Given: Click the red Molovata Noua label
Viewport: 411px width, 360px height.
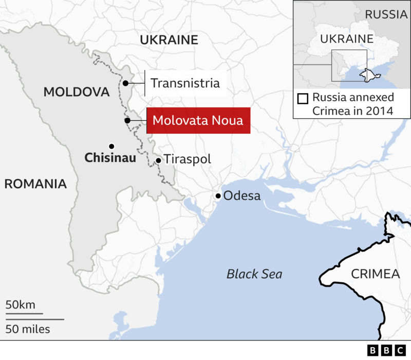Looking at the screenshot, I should [x=198, y=121].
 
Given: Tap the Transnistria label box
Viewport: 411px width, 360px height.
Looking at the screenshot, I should [x=185, y=83].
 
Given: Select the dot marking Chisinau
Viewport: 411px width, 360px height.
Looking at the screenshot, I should [x=111, y=146].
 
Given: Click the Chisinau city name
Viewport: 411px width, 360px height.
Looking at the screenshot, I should [x=110, y=158].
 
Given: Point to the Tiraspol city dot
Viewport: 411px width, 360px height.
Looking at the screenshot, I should [x=158, y=160].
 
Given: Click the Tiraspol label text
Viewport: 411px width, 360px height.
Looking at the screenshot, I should [x=187, y=159].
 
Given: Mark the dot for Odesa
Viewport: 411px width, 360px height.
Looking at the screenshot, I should [x=218, y=195].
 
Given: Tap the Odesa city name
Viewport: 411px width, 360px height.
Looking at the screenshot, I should [x=242, y=196].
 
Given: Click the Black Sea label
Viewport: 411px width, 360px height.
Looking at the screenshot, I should [x=254, y=274].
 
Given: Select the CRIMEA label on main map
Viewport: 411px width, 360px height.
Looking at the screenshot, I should [x=375, y=274].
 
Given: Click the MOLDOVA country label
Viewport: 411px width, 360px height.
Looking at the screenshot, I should [x=77, y=92].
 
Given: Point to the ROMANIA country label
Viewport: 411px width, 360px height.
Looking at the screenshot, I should [x=36, y=184].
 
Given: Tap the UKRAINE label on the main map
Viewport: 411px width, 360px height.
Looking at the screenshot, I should [x=169, y=40].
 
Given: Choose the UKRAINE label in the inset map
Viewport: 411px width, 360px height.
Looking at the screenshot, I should [x=346, y=39].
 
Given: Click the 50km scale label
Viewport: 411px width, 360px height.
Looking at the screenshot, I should [x=21, y=305].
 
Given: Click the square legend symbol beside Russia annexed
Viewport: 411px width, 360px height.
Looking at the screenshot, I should [x=303, y=98].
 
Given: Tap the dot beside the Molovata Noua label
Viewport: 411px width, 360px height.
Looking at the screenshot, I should [x=126, y=121].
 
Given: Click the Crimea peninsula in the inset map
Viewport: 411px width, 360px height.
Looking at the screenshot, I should [x=367, y=75].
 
